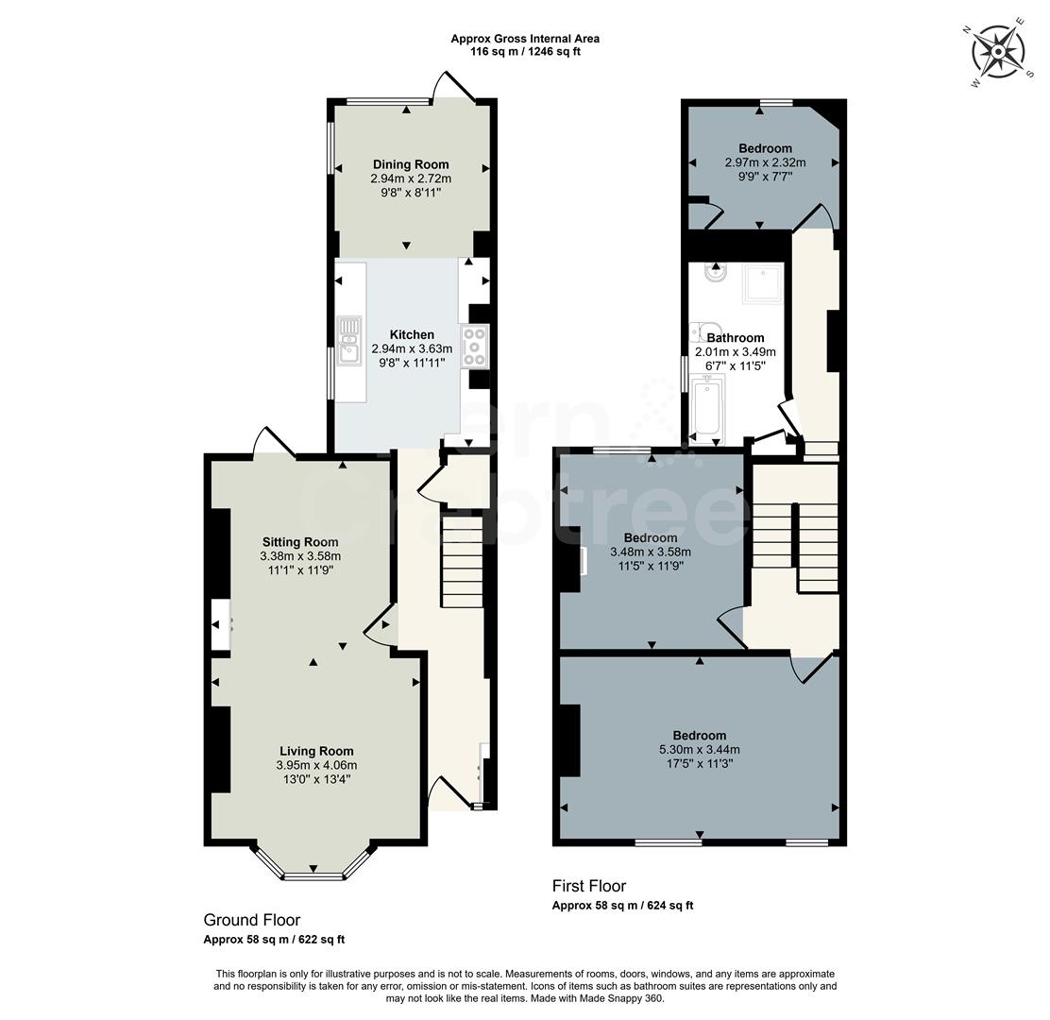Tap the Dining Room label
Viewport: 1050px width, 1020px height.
[x=411, y=164]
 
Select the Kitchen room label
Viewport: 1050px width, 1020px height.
[x=412, y=334]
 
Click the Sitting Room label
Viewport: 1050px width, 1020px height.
[x=299, y=542]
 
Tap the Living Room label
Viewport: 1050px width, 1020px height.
[x=315, y=751]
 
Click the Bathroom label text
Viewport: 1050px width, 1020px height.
[x=736, y=337]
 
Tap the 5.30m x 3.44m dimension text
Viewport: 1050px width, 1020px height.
[x=699, y=750]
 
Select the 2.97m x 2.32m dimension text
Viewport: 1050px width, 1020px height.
[x=765, y=162]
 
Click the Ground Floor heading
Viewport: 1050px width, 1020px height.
[x=252, y=920]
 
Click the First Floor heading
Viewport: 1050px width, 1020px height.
[x=588, y=886]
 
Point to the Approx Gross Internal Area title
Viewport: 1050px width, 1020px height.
[x=524, y=39]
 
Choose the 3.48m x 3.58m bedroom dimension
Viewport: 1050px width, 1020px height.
[x=651, y=552]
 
